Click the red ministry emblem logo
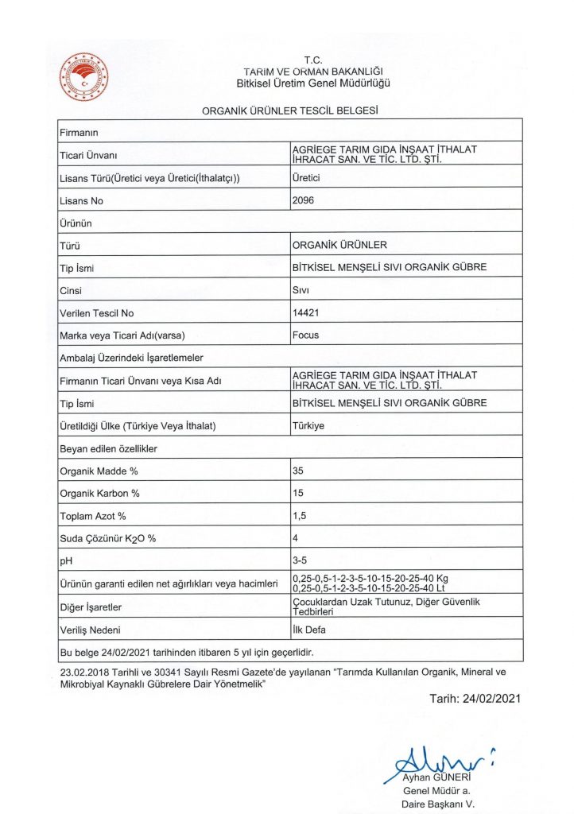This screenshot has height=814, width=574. point(84,76)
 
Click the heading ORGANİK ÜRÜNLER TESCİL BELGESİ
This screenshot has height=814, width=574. point(289,110)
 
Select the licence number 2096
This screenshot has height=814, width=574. point(304,200)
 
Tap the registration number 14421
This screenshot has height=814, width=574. point(306,313)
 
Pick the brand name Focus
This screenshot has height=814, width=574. point(306,335)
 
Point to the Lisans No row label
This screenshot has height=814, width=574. point(81,201)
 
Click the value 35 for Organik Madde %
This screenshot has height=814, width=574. point(298,471)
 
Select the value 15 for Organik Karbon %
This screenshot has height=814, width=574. point(298,494)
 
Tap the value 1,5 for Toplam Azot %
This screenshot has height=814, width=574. point(301,517)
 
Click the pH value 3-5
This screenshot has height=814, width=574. point(301,561)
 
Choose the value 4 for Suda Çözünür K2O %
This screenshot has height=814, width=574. point(296,539)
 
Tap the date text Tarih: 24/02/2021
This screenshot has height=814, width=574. point(475,699)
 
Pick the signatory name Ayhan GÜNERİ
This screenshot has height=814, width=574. point(437,777)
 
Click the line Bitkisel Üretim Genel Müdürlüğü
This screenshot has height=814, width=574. point(313,83)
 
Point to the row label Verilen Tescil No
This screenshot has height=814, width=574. point(97,313)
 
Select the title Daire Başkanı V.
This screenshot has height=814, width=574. point(439,804)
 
